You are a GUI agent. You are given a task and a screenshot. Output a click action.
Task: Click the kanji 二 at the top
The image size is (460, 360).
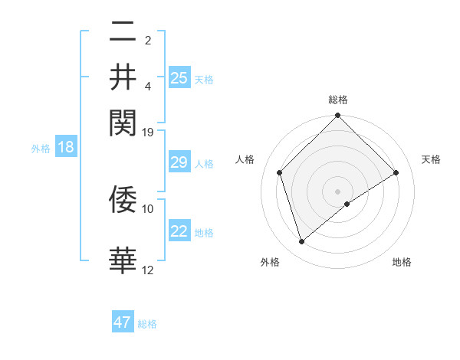[x=123, y=32]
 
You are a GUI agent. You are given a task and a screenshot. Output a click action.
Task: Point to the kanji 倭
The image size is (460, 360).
[x=123, y=199]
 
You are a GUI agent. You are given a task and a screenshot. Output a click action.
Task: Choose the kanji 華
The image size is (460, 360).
[x=123, y=260]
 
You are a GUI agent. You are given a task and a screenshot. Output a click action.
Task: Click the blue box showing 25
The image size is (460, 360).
[x=179, y=78]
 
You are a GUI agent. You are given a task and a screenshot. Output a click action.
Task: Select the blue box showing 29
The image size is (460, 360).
[x=179, y=162]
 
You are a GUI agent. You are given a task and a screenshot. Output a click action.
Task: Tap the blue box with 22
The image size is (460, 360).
[x=179, y=231]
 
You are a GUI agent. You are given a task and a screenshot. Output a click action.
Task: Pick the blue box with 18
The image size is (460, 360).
[x=66, y=147]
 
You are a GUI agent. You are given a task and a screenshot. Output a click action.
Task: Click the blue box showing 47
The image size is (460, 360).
[x=123, y=322]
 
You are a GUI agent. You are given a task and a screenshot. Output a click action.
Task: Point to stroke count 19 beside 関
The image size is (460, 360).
[x=148, y=131]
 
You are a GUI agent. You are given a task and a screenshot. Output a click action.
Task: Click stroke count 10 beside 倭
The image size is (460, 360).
[x=148, y=208]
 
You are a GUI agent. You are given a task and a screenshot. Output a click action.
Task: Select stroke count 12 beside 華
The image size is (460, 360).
[x=148, y=270]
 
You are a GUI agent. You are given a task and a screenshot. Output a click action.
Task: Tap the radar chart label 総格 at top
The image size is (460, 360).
[x=338, y=100]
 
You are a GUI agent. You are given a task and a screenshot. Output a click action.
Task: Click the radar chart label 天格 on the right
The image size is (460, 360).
[x=431, y=159]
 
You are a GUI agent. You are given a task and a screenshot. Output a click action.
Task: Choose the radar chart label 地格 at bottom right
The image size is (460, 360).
[x=402, y=262]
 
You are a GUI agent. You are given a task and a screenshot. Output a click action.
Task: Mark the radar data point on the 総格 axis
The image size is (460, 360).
[x=338, y=116]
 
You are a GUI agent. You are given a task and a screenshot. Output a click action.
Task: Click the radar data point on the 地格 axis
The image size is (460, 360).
[x=347, y=204]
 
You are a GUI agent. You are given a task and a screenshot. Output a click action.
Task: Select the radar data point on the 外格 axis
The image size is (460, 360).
[x=301, y=242]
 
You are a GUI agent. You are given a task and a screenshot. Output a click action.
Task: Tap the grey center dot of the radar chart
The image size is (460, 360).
[x=338, y=191]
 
